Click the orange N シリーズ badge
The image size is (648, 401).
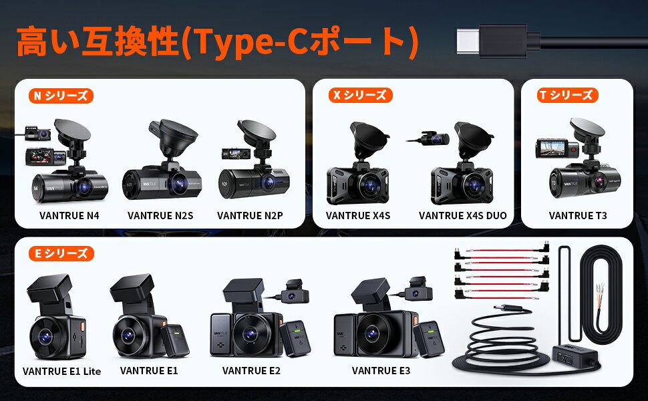pyautogui.click(x=61, y=96)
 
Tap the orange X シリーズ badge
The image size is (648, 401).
pyautogui.click(x=360, y=95)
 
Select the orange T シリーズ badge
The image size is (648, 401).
pyautogui.click(x=568, y=95)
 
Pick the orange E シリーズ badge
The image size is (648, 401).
pyautogui.click(x=61, y=253)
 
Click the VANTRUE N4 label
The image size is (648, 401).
pyautogui.click(x=69, y=215)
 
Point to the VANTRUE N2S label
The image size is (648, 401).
pyautogui.click(x=160, y=215)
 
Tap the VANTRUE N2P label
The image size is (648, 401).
pyautogui.click(x=250, y=215)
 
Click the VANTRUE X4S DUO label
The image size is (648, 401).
pyautogui.click(x=463, y=215)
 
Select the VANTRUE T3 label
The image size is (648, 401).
pyautogui.click(x=578, y=215)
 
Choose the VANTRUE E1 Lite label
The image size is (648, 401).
pyautogui.click(x=61, y=371)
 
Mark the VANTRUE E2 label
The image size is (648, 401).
pyautogui.click(x=251, y=370)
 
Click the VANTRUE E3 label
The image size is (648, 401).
pyautogui.click(x=381, y=370)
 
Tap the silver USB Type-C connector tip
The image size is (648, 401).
pyautogui.click(x=468, y=41)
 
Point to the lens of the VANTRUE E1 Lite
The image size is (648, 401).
pyautogui.click(x=45, y=337)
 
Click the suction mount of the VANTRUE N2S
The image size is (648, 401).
pyautogui.click(x=174, y=137)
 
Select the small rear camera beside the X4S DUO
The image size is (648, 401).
pyautogui.click(x=434, y=138)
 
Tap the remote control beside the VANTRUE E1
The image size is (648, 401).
pyautogui.click(x=175, y=340)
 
